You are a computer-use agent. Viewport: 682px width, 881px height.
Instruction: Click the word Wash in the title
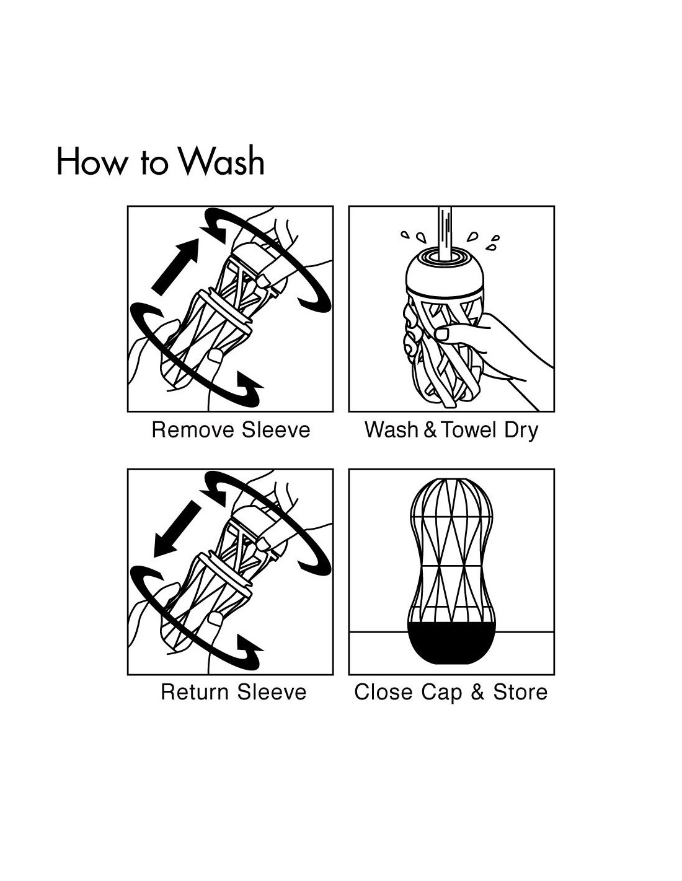coord(223,160)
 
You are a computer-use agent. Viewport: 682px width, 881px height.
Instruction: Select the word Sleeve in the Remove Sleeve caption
coord(276,430)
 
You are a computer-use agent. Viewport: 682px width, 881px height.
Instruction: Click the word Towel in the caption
coord(468,430)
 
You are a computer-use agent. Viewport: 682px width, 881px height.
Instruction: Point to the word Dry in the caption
coord(521,431)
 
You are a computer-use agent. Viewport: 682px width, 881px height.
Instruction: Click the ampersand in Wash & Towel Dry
coord(430,430)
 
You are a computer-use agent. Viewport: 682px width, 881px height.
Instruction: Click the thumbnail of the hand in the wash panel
coord(442,333)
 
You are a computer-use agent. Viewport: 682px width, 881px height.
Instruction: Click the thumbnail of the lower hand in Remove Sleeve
coord(215,356)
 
